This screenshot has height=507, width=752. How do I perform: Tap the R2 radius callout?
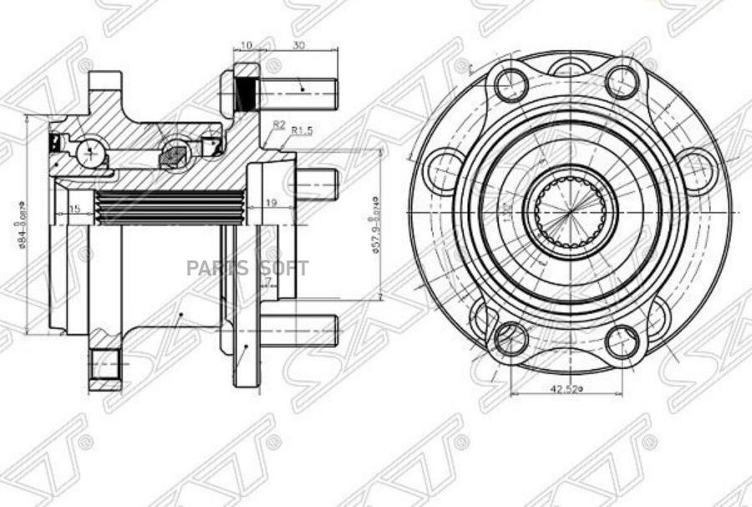click(x=279, y=124)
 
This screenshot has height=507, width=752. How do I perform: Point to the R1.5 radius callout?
click(x=302, y=131)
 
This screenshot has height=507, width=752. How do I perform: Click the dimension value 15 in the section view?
click(x=75, y=207)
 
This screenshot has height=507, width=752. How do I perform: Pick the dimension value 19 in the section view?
click(x=271, y=202)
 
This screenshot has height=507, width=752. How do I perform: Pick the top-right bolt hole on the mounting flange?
click(x=622, y=82)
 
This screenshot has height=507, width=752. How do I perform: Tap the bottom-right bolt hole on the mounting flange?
click(x=622, y=341)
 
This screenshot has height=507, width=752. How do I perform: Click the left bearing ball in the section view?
click(x=89, y=153)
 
